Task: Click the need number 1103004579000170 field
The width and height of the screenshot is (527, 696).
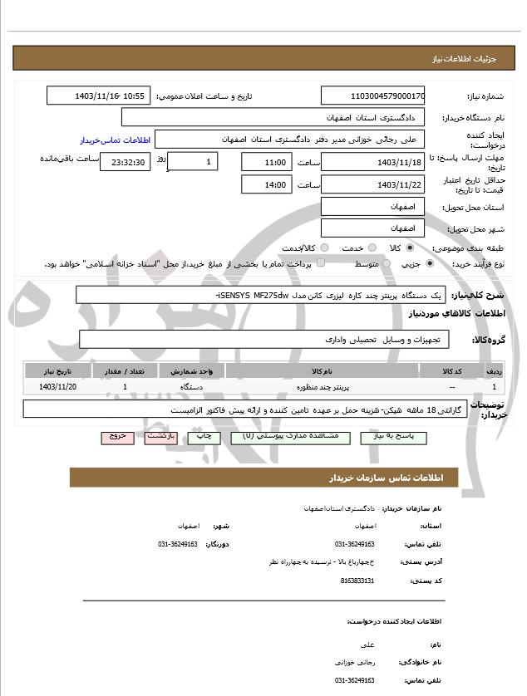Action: [372, 96]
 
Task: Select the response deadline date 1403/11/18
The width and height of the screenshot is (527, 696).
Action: [372, 162]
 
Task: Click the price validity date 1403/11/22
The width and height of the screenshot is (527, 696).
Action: [372, 184]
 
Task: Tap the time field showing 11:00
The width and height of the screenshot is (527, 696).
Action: [266, 162]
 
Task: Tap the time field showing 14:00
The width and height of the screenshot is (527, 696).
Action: [266, 184]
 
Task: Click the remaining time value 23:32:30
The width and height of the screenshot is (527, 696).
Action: [125, 162]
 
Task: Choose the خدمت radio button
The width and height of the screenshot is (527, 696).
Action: [371, 248]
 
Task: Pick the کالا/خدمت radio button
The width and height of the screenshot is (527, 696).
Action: [323, 248]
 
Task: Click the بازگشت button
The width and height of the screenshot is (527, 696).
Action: [161, 436]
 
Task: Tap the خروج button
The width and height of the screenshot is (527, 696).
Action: [116, 436]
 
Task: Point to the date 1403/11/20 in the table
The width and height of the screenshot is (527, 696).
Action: [57, 387]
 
